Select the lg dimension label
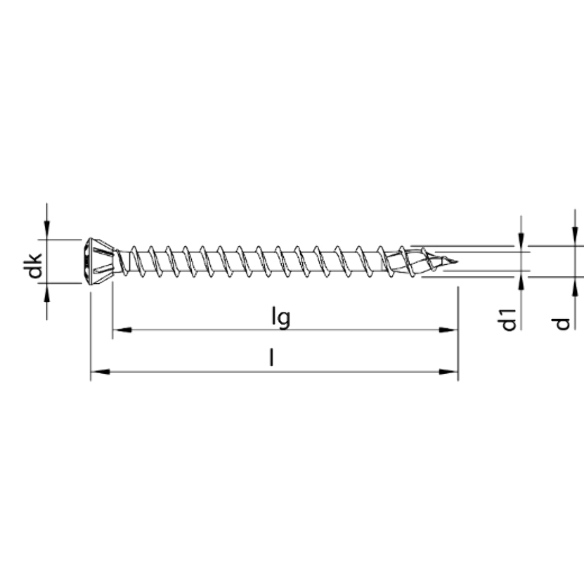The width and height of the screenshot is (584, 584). pyautogui.click(x=281, y=318)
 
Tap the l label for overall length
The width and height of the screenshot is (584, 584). pyautogui.click(x=272, y=359)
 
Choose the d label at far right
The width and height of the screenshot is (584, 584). pyautogui.click(x=563, y=323)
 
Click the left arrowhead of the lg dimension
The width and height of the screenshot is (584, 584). pyautogui.click(x=122, y=330)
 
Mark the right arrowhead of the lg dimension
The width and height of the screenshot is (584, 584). pyautogui.click(x=449, y=330)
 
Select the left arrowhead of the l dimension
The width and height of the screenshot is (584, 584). pyautogui.click(x=100, y=372)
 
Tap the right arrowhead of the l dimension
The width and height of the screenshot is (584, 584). pyautogui.click(x=449, y=372)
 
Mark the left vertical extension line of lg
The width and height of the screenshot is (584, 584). pyautogui.click(x=112, y=311)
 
